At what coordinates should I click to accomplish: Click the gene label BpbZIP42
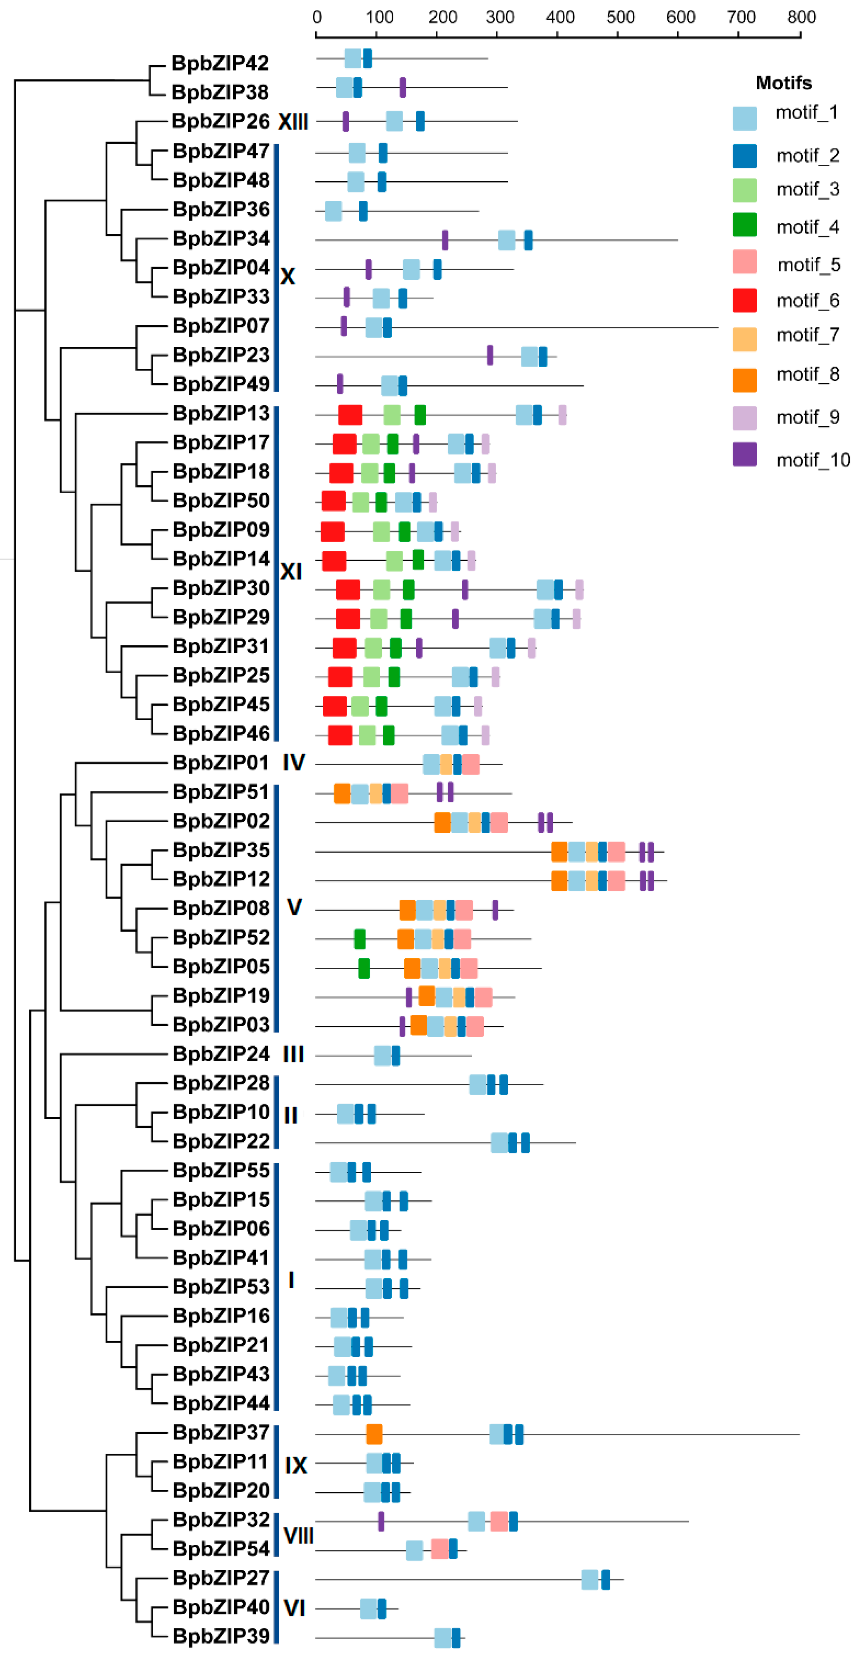pyautogui.click(x=220, y=63)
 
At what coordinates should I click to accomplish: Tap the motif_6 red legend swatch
pyautogui.click(x=744, y=300)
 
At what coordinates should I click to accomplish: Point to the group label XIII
pyautogui.click(x=293, y=122)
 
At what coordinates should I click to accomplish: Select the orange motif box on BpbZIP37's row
pyautogui.click(x=374, y=1434)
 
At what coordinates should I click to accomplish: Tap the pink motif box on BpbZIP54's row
pyautogui.click(x=440, y=1549)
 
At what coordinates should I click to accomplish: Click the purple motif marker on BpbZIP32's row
pyautogui.click(x=381, y=1521)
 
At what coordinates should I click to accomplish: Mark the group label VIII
pyautogui.click(x=298, y=1535)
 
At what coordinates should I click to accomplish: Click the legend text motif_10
pyautogui.click(x=813, y=460)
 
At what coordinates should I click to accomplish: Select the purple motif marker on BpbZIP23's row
pyautogui.click(x=490, y=355)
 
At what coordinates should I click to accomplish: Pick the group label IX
pyautogui.click(x=295, y=1465)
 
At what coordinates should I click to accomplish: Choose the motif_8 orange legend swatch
pyautogui.click(x=744, y=380)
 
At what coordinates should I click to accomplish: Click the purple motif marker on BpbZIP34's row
pyautogui.click(x=445, y=240)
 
